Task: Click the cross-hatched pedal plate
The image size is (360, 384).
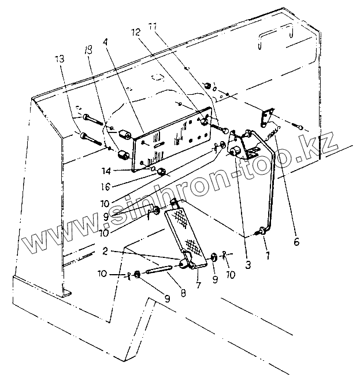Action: pyautogui.click(x=184, y=228)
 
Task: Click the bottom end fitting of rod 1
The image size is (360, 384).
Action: pyautogui.click(x=263, y=231)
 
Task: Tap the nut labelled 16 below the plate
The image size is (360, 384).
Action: pyautogui.click(x=163, y=172)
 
